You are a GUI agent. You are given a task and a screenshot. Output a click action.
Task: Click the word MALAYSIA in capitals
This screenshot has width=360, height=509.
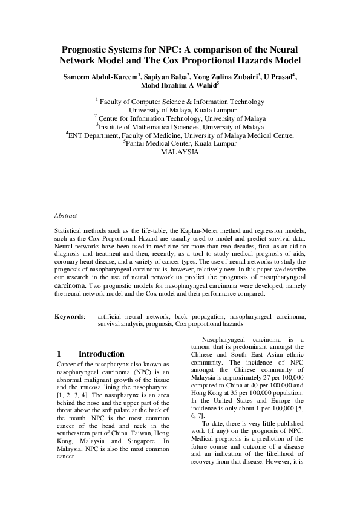[x=180, y=154]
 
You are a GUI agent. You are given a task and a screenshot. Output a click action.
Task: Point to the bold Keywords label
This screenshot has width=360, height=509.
[x=70, y=316]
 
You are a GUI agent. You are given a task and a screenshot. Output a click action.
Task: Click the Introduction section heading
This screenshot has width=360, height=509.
[x=102, y=354]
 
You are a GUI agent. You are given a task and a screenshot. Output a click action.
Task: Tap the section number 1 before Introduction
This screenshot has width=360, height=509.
[x=59, y=354]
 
